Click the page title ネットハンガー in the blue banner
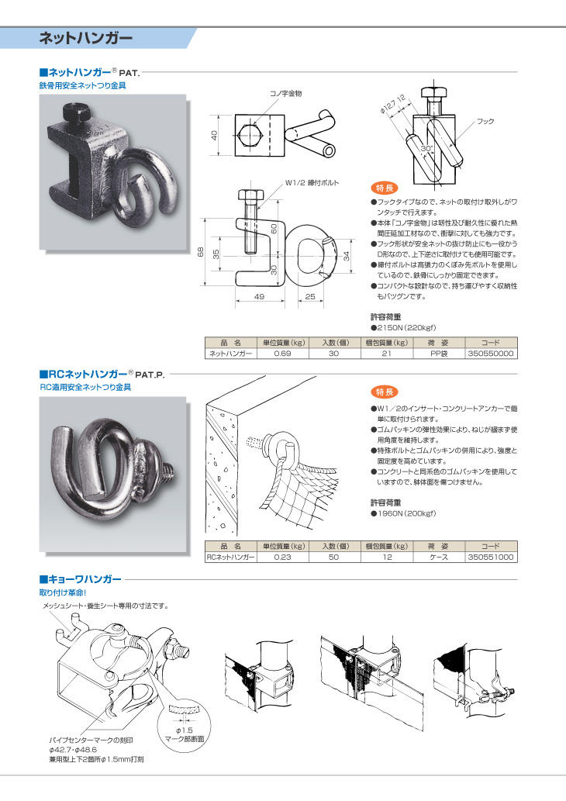pos(86,38)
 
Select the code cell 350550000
pos(490,354)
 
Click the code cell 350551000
pos(490,558)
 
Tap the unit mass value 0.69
pos(282,354)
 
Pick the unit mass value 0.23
pos(282,558)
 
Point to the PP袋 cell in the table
pos(438,354)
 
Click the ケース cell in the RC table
pos(438,558)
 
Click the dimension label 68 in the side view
pos(201,252)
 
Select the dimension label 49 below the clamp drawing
pos(259,296)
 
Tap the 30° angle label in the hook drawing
pos(426,149)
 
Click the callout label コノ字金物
pos(285,94)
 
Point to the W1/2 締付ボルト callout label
pos(312,183)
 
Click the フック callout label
pos(485,122)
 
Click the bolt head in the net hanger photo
pos(76,112)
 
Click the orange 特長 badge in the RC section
pos(384,392)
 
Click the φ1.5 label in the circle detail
pos(184,730)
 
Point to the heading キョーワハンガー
pos(81,579)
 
